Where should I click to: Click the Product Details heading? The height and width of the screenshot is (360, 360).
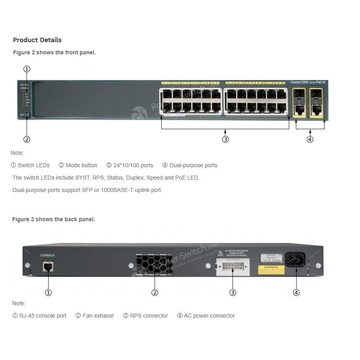pyautogui.click(x=37, y=40)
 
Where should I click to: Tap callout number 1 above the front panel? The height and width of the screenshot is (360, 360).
pyautogui.click(x=27, y=69)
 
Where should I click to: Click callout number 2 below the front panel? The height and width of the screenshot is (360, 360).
pyautogui.click(x=27, y=140)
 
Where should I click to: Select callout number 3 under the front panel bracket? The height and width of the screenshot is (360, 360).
pyautogui.click(x=226, y=140)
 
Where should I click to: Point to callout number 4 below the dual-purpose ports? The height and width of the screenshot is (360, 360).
pyautogui.click(x=310, y=140)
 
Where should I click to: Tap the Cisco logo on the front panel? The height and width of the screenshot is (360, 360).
pyautogui.click(x=24, y=86)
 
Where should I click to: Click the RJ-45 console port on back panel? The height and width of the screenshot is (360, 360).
pyautogui.click(x=48, y=265)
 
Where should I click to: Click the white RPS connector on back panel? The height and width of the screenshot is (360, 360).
pyautogui.click(x=232, y=266)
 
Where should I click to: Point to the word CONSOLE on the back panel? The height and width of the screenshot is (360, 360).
pyautogui.click(x=48, y=255)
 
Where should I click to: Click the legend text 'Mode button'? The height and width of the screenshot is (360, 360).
pyautogui.click(x=81, y=165)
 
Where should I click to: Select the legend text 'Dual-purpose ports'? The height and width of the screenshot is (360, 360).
pyautogui.click(x=193, y=165)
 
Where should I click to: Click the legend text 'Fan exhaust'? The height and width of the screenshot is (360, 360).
pyautogui.click(x=98, y=316)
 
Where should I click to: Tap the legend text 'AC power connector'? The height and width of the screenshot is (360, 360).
pyautogui.click(x=209, y=316)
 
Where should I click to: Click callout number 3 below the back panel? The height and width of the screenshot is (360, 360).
pyautogui.click(x=233, y=293)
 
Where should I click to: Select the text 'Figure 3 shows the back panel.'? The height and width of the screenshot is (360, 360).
pyautogui.click(x=54, y=219)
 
